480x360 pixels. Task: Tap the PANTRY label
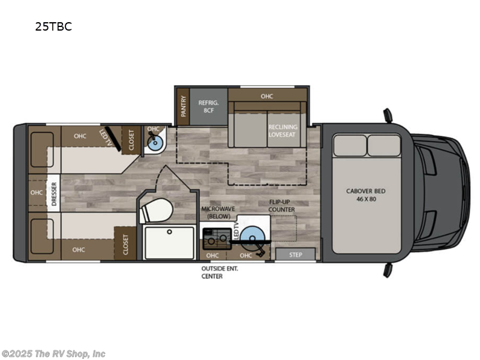click(184, 106)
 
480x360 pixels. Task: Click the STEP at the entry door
click(295, 254)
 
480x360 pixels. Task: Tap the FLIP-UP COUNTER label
click(281, 206)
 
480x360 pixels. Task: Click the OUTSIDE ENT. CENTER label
click(220, 272)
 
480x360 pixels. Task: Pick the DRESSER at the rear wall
click(53, 193)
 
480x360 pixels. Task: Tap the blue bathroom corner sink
click(155, 142)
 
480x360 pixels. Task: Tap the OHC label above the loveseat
click(267, 96)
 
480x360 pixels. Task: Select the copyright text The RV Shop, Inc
click(53, 354)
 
